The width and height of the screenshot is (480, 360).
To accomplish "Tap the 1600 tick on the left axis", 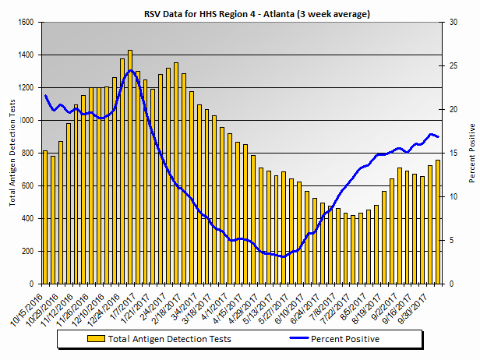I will pos(26,23).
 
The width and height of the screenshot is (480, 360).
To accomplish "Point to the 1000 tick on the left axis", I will pos(26,121).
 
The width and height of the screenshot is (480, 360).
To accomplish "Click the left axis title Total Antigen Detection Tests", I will pos(12,154).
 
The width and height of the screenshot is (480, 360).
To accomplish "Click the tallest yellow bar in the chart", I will pos(130,167).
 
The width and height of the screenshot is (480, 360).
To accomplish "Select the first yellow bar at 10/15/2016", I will pos(45,217).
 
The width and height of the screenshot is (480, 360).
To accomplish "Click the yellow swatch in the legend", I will pos(96,339).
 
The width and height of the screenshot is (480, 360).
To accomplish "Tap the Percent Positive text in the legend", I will pos(345,339).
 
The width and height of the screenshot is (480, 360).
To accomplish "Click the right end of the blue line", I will pos(439,137).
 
